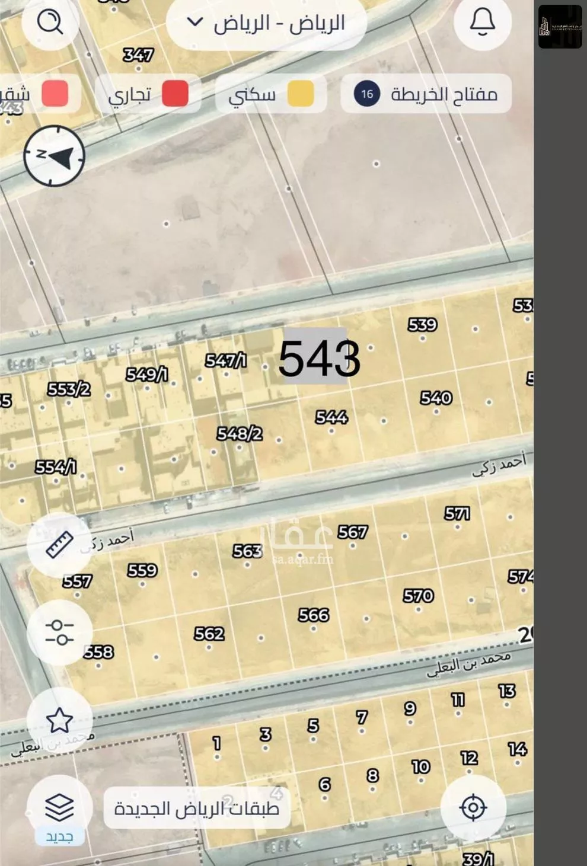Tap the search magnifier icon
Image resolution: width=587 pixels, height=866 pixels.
tap(50, 23)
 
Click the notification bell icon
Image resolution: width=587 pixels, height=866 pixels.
tap(482, 23)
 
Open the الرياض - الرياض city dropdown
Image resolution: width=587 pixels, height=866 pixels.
tap(266, 24)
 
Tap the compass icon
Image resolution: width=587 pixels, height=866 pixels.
tap(55, 156)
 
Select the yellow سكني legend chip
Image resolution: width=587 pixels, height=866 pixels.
tap(271, 94)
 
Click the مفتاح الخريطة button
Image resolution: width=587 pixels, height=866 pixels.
tap(426, 94)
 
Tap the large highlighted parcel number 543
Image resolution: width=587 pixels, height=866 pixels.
tap(318, 358)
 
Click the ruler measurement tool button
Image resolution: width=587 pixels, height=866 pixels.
tap(59, 544)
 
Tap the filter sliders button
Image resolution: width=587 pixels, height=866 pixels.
tap(59, 632)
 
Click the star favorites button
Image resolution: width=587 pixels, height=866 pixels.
tap(59, 720)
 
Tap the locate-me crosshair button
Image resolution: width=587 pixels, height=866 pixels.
tap(473, 807)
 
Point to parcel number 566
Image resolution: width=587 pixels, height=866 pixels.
tap(313, 615)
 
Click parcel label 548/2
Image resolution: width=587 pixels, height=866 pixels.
tap(239, 434)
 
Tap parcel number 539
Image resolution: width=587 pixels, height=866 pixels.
tap(422, 325)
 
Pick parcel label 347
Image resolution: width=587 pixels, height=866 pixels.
tap(138, 55)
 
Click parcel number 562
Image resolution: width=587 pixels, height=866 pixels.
tap(209, 634)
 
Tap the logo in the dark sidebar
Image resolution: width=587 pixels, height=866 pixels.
tap(560, 27)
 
